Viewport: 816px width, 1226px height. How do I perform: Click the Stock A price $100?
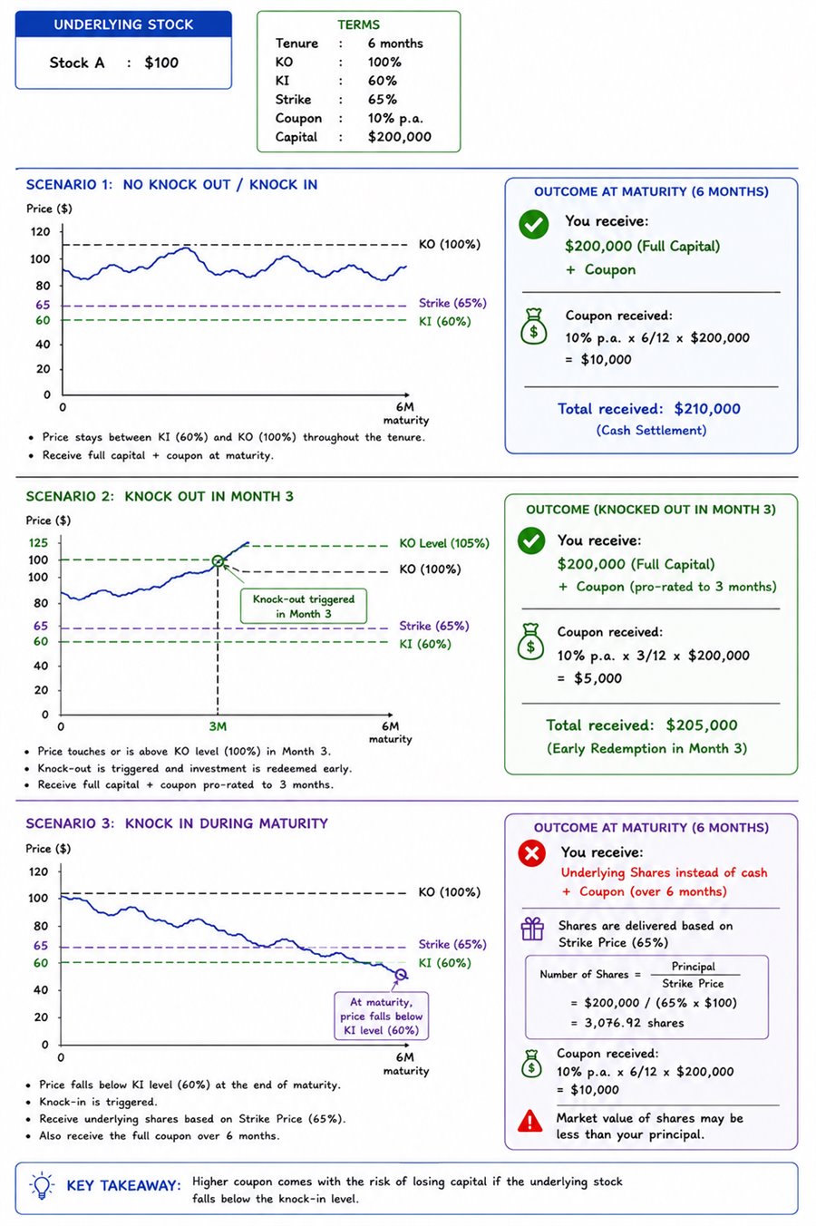coord(161,63)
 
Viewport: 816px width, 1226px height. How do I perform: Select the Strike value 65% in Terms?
coord(383,100)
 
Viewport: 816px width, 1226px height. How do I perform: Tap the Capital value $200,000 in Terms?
coord(400,137)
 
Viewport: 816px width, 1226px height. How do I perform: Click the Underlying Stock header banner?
coord(123,24)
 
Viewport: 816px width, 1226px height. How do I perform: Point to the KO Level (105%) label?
coord(444,543)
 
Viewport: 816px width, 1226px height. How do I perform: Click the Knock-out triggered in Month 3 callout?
coord(304,607)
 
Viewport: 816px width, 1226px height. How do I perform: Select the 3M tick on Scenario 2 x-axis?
coord(218,727)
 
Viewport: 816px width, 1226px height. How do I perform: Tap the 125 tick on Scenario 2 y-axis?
coord(38,543)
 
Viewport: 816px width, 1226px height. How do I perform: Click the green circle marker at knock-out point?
coord(218,561)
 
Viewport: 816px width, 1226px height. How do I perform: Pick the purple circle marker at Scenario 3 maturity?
coord(401,975)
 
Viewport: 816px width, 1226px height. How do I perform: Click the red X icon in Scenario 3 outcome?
coord(532,853)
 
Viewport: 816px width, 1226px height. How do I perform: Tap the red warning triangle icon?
coord(529,1121)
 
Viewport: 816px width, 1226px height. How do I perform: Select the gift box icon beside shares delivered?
coord(532,929)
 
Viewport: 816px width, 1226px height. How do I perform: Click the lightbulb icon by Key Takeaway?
coord(42,1185)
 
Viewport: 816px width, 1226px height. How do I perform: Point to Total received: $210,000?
coord(649,409)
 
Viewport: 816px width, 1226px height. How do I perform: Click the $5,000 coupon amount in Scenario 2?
coord(597,678)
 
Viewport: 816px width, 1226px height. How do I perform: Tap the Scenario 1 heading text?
coord(172,185)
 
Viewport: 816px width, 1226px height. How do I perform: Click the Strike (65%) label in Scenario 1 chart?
coord(452,303)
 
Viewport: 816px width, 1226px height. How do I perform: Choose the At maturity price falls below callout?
coord(382,1017)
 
